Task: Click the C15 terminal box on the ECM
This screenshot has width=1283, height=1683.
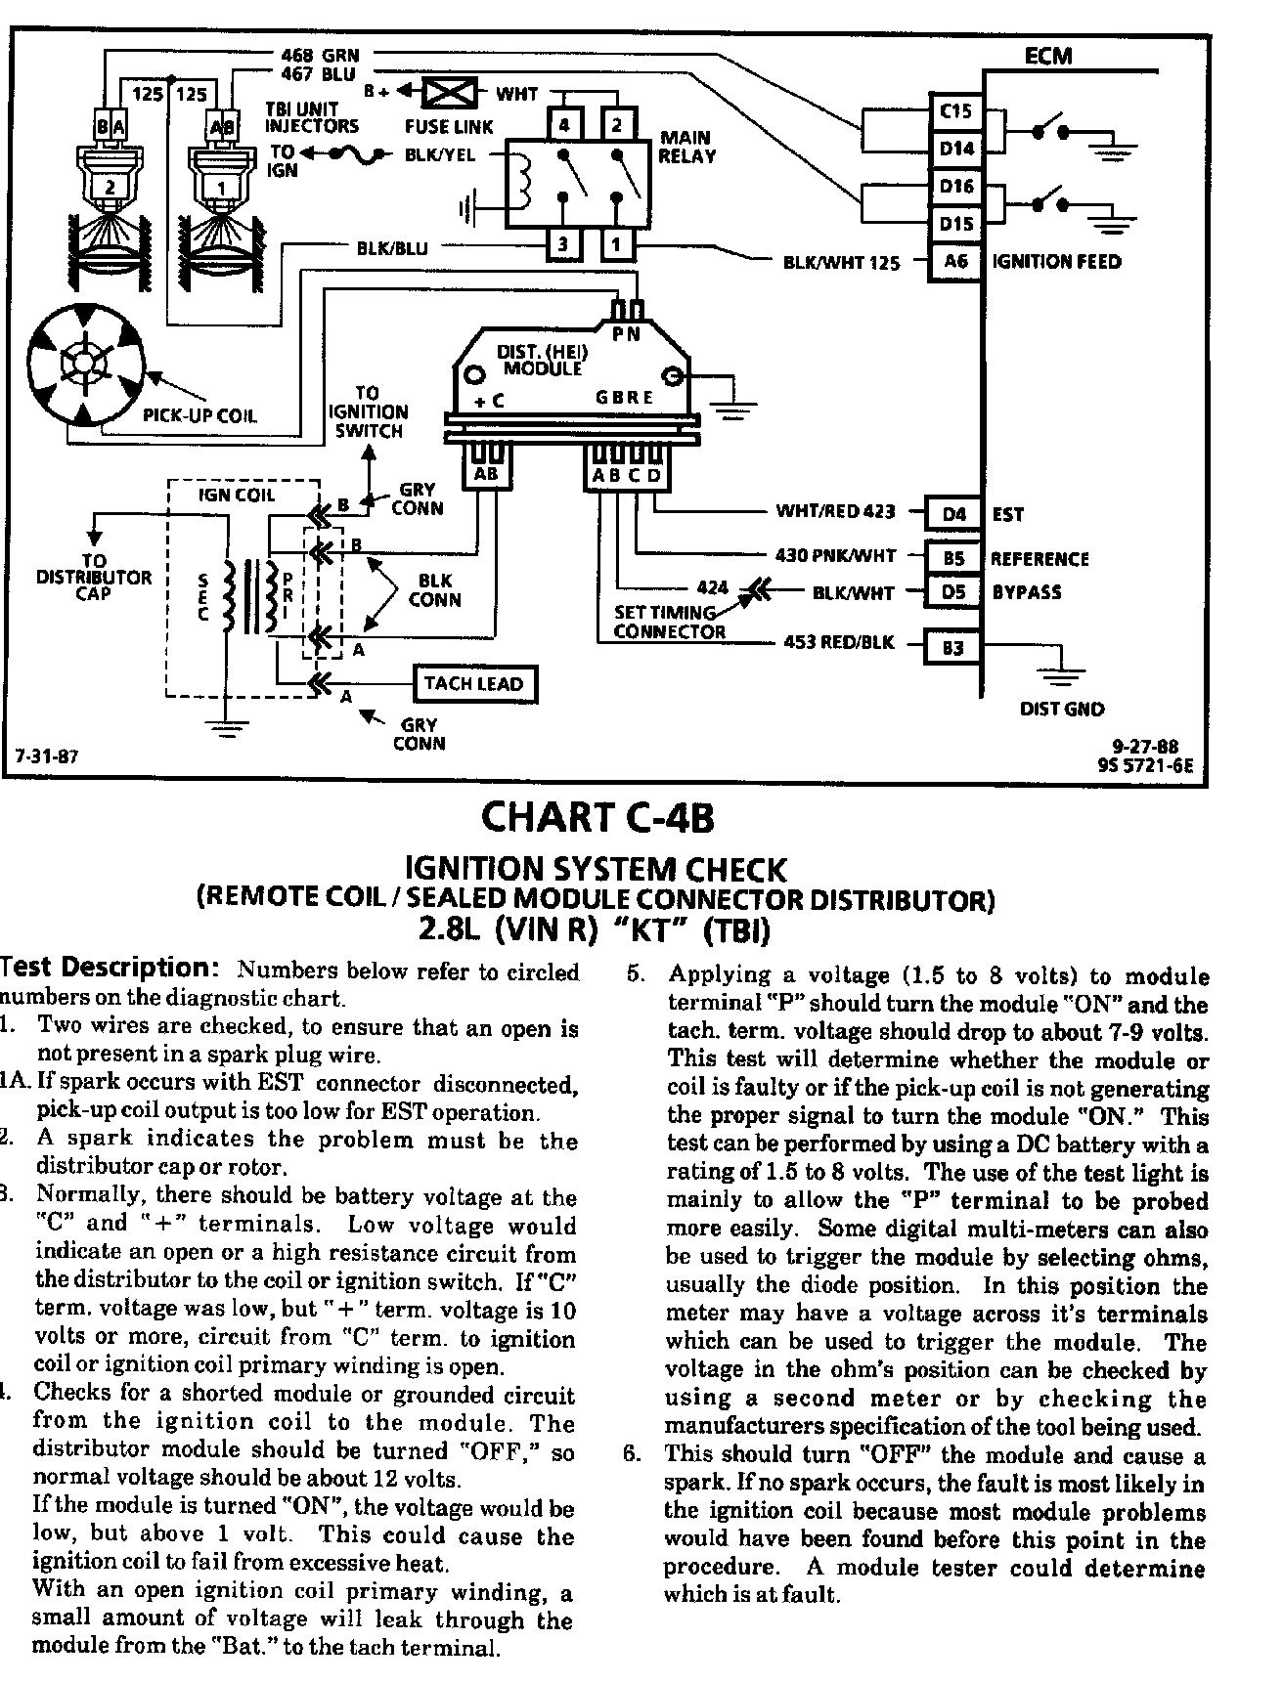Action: [954, 111]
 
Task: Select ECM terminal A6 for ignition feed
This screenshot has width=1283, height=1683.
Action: [954, 261]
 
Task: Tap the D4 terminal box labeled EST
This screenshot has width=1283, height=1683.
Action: [954, 513]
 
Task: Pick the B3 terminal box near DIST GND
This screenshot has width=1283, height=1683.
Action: [953, 647]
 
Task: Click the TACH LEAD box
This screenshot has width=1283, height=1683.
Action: [473, 684]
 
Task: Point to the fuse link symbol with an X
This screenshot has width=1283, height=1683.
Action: [450, 94]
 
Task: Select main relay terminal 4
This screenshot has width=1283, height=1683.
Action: [563, 125]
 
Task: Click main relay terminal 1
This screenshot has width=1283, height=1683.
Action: [616, 243]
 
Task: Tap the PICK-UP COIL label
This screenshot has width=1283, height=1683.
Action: [199, 415]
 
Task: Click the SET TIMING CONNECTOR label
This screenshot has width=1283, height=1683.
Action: [669, 622]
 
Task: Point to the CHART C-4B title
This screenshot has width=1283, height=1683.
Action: [597, 817]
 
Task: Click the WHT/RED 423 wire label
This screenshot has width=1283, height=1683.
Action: [837, 511]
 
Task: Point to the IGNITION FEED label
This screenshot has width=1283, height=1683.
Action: [1056, 262]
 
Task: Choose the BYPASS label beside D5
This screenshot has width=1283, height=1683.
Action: [1026, 592]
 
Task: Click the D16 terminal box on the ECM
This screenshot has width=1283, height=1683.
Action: [955, 186]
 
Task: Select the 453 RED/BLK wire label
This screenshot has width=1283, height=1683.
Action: [839, 643]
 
